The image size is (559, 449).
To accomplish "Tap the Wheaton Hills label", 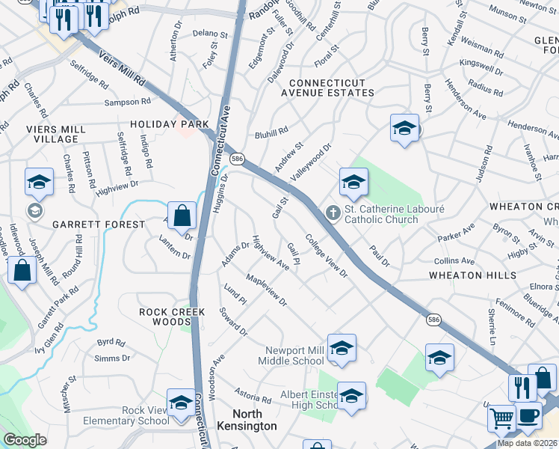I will click(472, 275).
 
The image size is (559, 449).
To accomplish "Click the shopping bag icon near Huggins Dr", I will click(182, 216).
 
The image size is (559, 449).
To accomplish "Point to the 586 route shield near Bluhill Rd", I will click(238, 159).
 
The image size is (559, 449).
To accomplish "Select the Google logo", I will click(25, 440).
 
